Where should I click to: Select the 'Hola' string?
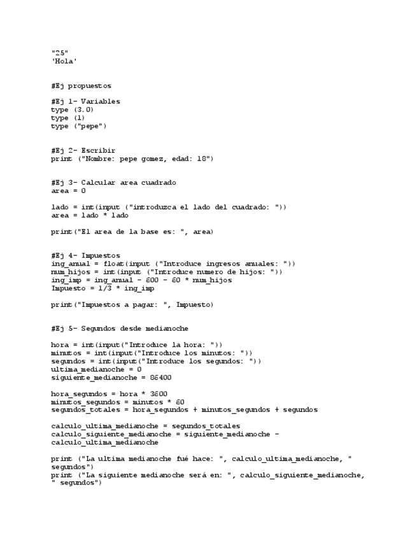click(x=64, y=61)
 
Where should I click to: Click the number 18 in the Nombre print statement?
click(x=202, y=159)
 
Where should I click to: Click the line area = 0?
click(x=68, y=190)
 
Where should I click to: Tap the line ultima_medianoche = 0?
click(x=96, y=369)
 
